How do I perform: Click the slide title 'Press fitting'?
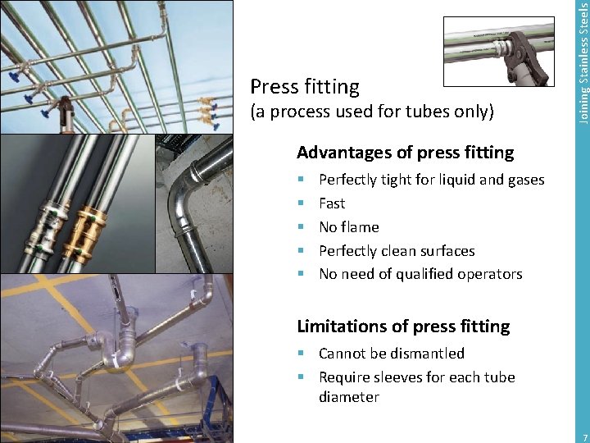[304, 86]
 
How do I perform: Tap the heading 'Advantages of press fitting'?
[405, 153]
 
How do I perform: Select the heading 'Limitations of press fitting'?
[402, 327]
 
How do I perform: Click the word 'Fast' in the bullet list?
[332, 203]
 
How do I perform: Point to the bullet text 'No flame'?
[348, 227]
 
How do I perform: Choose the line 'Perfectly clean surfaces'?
[397, 251]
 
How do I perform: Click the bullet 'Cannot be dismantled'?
[391, 354]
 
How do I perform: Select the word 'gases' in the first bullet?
[525, 180]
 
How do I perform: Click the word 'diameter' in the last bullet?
[349, 397]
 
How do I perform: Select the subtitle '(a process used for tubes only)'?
[371, 112]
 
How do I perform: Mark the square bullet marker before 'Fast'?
[302, 203]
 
